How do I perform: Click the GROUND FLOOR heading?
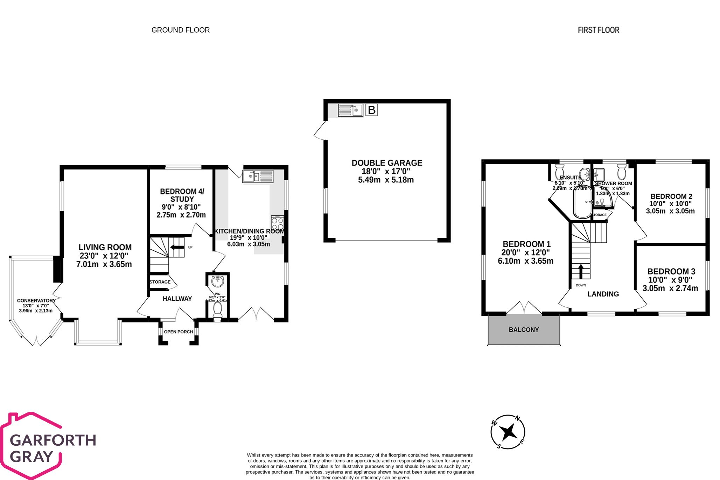point(180,30)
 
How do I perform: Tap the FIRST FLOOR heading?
point(598,30)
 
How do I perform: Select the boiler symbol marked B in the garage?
point(371,110)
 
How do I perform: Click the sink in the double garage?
point(350,110)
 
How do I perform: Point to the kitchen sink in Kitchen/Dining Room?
point(258,176)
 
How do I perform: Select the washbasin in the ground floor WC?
point(218,281)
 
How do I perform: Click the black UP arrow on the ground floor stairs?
point(177,247)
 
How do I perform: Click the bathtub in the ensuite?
point(582,202)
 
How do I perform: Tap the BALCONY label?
point(524,329)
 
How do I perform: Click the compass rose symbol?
point(508,432)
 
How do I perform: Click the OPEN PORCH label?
point(178,332)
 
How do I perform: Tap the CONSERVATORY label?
point(36,300)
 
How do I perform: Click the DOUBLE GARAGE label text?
point(387,163)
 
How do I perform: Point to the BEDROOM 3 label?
point(671,271)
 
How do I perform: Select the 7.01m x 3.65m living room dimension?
point(104,264)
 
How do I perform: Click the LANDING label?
point(603,294)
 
